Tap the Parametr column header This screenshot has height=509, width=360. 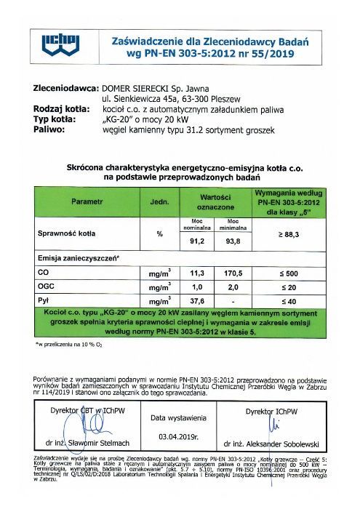point(87,201)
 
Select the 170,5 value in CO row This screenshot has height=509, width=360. point(234,273)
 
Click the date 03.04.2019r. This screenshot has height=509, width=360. point(179,436)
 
